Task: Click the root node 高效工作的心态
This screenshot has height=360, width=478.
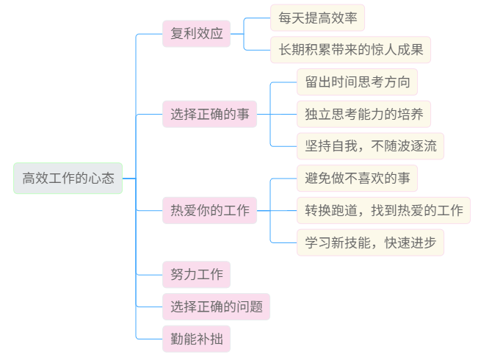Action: [68, 179]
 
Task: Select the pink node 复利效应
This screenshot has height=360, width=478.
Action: [196, 34]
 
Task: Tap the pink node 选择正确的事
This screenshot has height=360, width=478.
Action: [209, 114]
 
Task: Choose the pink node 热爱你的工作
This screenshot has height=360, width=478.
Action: [209, 212]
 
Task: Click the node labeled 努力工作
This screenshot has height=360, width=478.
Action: [196, 275]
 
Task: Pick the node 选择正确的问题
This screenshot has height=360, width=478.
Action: [216, 306]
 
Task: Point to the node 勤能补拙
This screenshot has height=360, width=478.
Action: [196, 339]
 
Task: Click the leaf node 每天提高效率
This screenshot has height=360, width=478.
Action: [317, 17]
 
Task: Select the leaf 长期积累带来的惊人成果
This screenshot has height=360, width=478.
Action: [350, 50]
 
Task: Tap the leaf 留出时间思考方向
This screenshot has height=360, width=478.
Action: [357, 82]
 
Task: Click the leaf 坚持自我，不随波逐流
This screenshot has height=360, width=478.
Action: [370, 145]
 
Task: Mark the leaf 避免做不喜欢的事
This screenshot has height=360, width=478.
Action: [357, 178]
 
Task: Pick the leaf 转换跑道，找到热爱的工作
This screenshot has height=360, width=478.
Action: [383, 211]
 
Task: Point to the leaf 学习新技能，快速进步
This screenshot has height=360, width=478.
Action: [370, 242]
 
